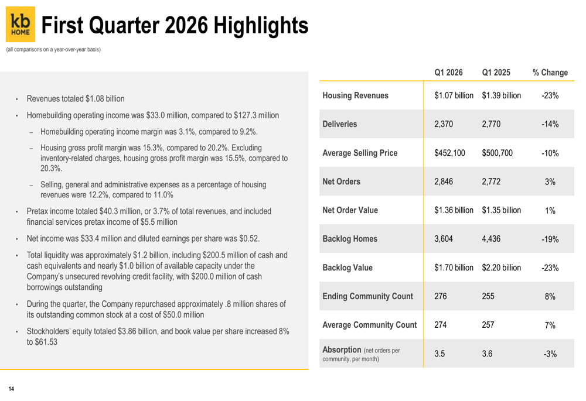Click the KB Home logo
[21, 24]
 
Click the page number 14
[11, 389]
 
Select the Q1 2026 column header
[448, 73]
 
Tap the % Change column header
[550, 73]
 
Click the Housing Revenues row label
[355, 95]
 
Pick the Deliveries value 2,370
[444, 124]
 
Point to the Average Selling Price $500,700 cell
[497, 153]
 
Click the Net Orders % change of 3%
[550, 181]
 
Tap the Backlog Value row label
[347, 268]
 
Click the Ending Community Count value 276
[441, 296]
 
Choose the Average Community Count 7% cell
[550, 325]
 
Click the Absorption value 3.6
[487, 354]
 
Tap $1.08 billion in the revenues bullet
[105, 99]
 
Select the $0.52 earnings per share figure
[249, 239]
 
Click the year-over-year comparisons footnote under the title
[53, 49]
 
